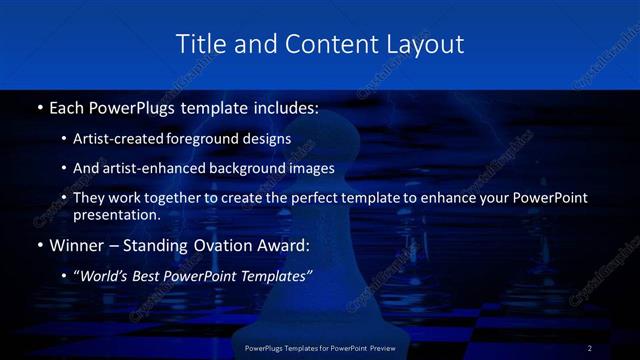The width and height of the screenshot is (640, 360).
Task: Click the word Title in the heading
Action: coord(199,44)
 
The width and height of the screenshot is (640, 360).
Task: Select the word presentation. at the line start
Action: coord(116,214)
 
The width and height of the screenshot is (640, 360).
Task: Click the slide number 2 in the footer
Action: coord(590,348)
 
